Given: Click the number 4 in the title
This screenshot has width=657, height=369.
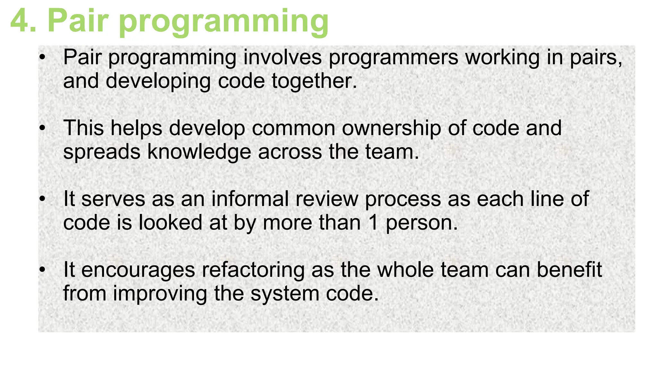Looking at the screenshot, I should pyautogui.click(x=20, y=21).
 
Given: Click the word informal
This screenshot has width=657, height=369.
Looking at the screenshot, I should pyautogui.click(x=250, y=199).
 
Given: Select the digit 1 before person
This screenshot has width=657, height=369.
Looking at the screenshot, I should pyautogui.click(x=373, y=223).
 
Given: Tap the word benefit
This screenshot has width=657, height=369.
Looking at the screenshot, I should pyautogui.click(x=569, y=270).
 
